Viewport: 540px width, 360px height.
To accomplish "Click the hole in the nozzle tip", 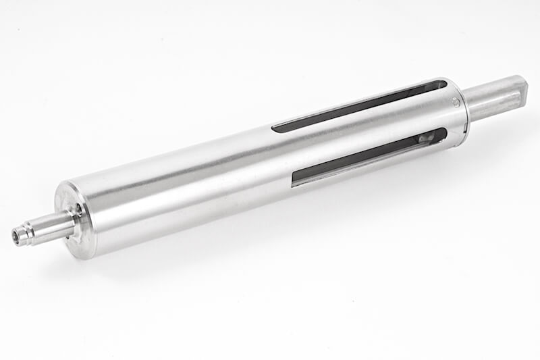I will (17, 236).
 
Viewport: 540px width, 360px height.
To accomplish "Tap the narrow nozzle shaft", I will (47, 228).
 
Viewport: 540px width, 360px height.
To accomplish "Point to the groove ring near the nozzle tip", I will (27, 234).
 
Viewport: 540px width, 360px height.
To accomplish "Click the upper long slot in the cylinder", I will (358, 106).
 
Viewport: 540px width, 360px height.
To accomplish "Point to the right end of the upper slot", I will (441, 84).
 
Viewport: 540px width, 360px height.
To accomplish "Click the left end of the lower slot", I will (295, 180).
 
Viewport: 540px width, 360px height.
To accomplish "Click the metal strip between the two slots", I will (364, 132).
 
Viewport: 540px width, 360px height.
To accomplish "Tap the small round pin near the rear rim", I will (456, 103).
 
